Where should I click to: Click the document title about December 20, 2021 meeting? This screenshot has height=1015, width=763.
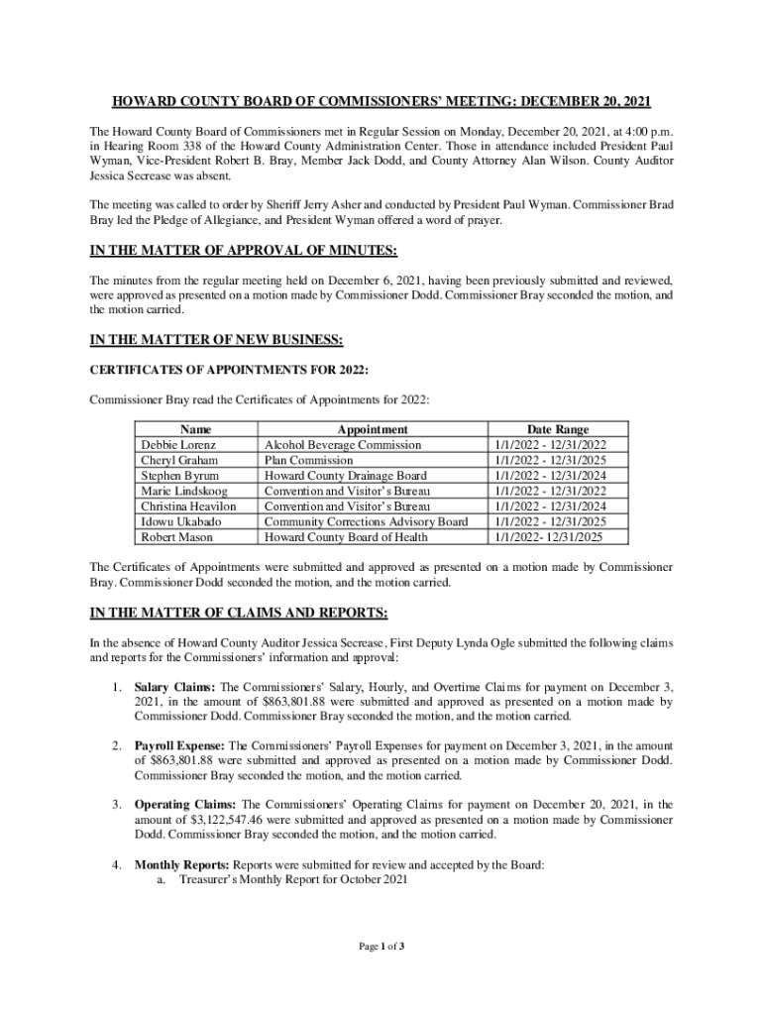click(381, 102)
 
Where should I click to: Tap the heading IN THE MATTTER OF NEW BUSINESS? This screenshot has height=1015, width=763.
click(216, 341)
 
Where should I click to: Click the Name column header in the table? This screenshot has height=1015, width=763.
click(196, 430)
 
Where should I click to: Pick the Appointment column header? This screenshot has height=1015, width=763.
click(373, 430)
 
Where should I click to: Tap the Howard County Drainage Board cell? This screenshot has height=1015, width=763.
click(346, 476)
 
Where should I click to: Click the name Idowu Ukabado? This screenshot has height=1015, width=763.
click(181, 521)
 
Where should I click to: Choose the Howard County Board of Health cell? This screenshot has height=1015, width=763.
click(346, 537)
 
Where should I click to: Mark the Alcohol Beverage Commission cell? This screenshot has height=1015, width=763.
click(343, 445)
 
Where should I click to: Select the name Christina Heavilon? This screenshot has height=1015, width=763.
click(189, 507)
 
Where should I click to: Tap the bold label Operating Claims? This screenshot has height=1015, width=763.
click(185, 805)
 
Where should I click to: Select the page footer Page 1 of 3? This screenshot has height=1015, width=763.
click(381, 947)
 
